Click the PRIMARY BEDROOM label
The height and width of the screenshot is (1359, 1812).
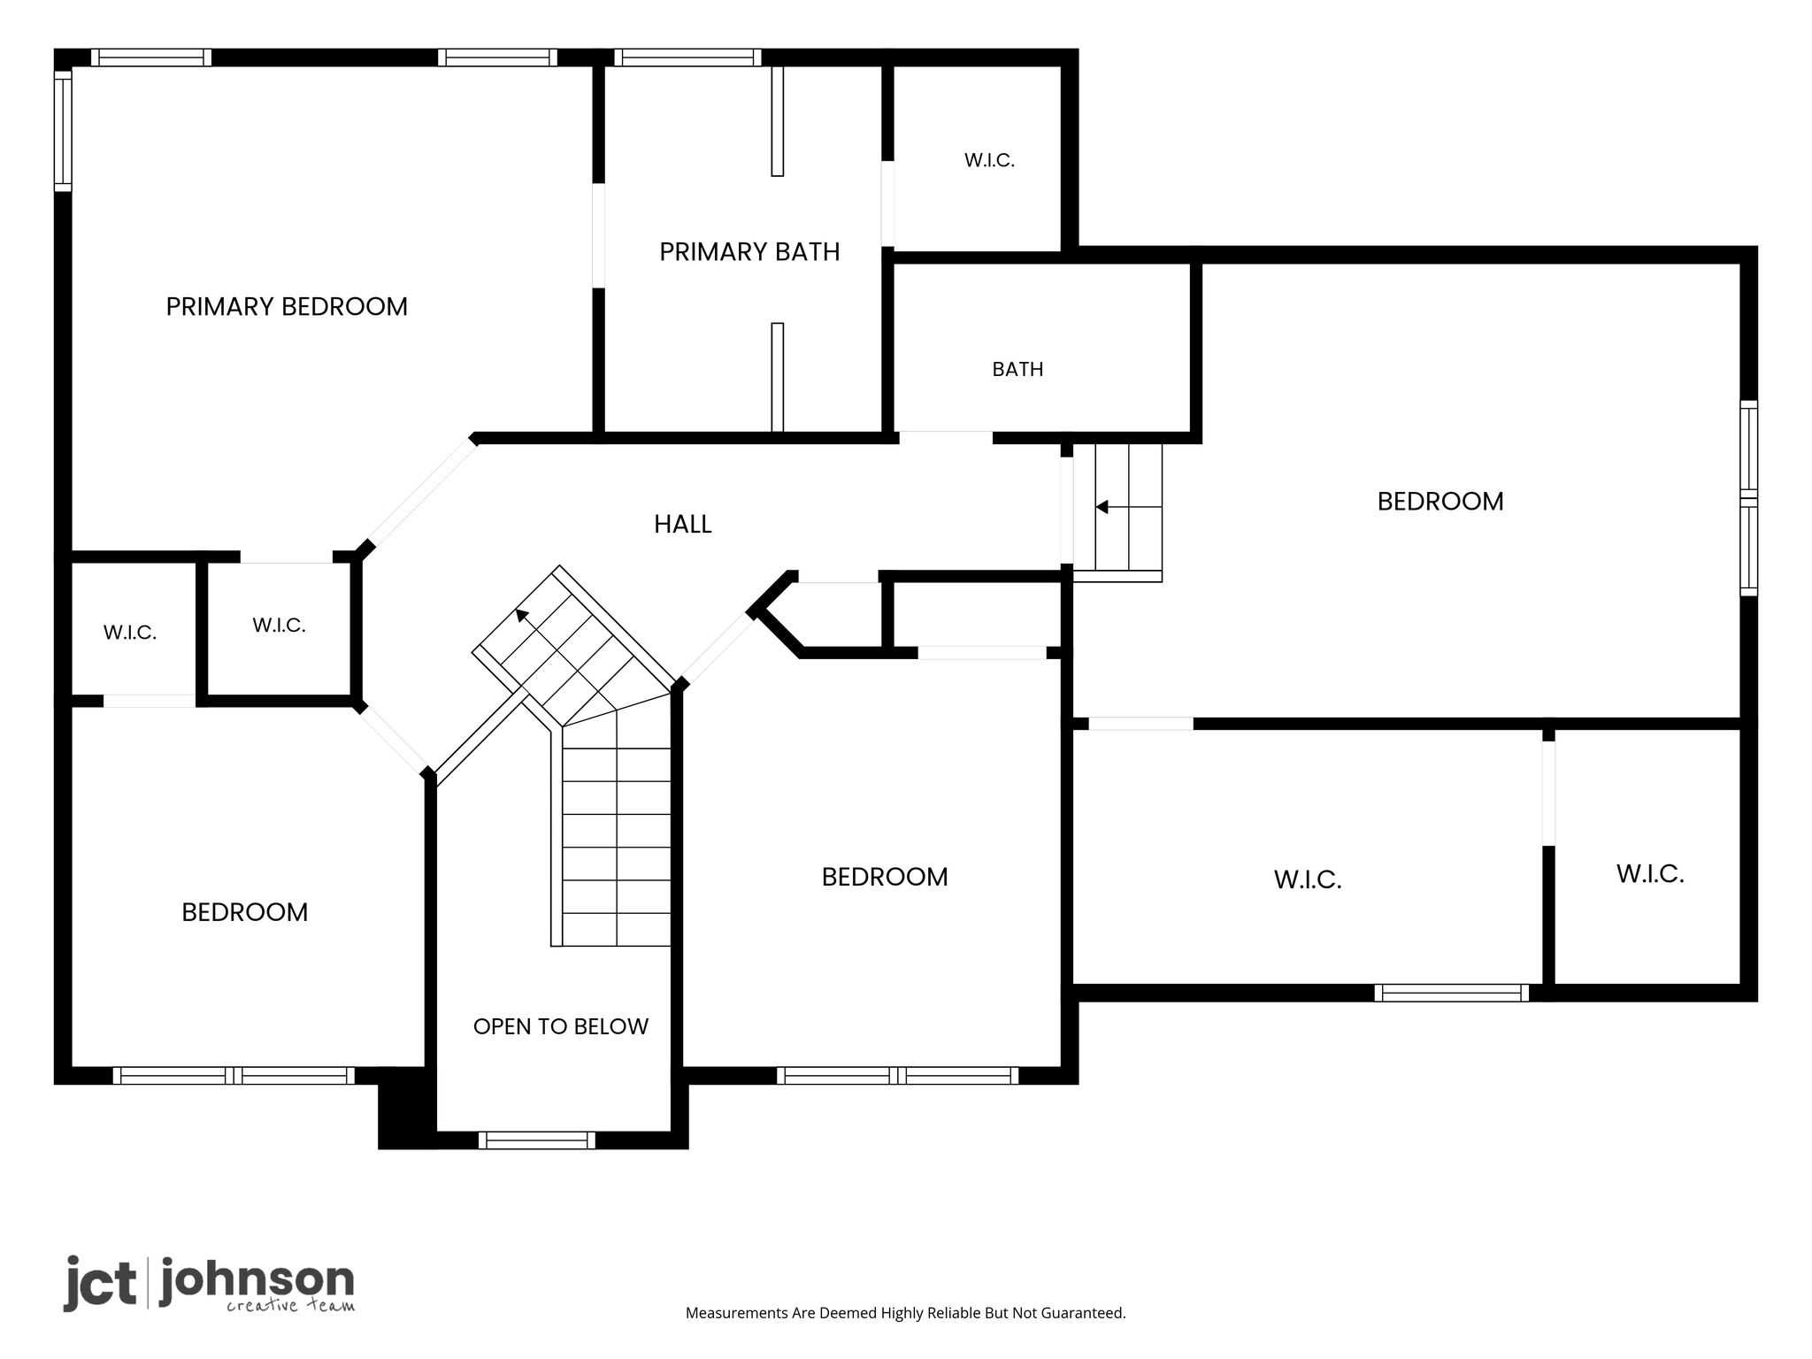(287, 306)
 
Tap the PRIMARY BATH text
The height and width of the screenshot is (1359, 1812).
(749, 252)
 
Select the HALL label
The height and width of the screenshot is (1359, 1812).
(682, 524)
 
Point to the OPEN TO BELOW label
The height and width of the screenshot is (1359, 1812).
(561, 1026)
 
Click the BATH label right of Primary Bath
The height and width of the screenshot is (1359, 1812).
(1017, 369)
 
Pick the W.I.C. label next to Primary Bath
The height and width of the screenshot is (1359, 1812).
(989, 160)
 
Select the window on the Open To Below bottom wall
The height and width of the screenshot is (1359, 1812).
(536, 1140)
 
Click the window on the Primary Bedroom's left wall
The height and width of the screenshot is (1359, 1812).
(63, 130)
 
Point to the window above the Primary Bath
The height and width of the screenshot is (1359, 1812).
(687, 58)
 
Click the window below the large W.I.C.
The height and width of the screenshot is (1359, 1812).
(1451, 993)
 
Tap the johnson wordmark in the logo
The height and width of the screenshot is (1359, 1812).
(257, 1282)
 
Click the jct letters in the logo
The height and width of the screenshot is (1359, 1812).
(100, 1283)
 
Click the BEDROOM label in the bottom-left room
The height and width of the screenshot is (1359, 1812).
(245, 912)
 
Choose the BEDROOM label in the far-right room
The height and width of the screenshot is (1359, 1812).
(1440, 502)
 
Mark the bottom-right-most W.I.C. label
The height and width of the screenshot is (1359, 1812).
(1650, 874)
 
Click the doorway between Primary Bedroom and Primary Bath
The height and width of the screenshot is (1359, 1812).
(598, 235)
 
